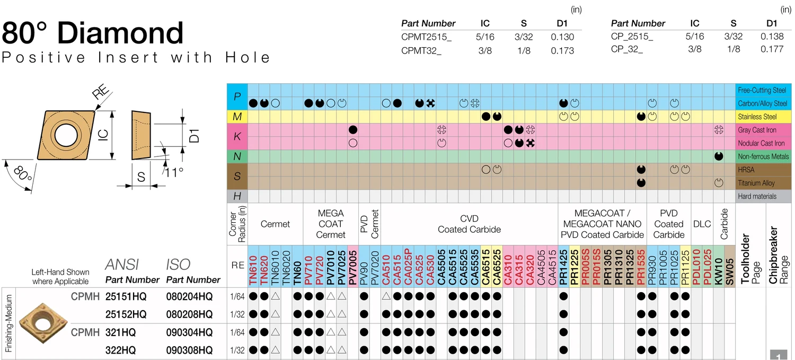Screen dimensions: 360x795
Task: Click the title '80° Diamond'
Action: (x=93, y=33)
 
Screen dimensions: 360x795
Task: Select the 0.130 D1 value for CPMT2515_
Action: (x=562, y=37)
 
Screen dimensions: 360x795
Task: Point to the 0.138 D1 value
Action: (x=772, y=37)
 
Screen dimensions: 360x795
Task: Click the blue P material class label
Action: (x=237, y=96)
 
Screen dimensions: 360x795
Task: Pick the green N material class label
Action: (x=237, y=156)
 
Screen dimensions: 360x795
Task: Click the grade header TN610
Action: (x=253, y=267)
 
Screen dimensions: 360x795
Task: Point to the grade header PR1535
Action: (x=641, y=267)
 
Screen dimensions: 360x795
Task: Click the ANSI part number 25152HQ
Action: (x=126, y=314)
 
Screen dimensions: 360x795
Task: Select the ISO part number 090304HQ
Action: (x=189, y=332)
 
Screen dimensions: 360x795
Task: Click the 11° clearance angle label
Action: (x=173, y=172)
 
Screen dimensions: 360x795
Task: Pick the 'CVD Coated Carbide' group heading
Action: (x=469, y=224)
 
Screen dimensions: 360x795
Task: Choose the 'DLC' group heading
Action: (x=702, y=224)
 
